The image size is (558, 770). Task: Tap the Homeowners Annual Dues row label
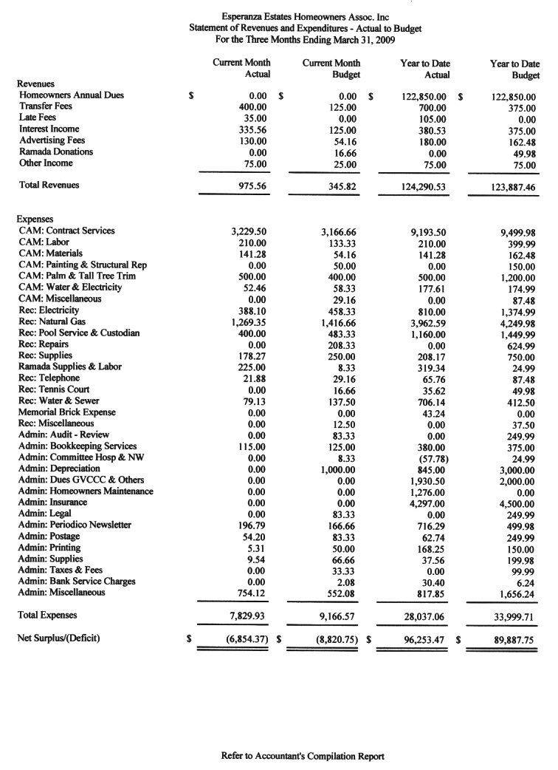pyautogui.click(x=72, y=95)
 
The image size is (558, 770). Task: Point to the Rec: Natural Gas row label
pyautogui.click(x=52, y=321)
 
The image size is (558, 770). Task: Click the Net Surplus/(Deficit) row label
pyautogui.click(x=59, y=637)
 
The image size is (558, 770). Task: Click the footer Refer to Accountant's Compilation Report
pyautogui.click(x=303, y=756)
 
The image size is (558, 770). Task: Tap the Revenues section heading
pyautogui.click(x=37, y=84)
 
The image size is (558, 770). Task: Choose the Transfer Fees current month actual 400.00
pyautogui.click(x=252, y=106)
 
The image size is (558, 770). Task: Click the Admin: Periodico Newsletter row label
pyautogui.click(x=75, y=525)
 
